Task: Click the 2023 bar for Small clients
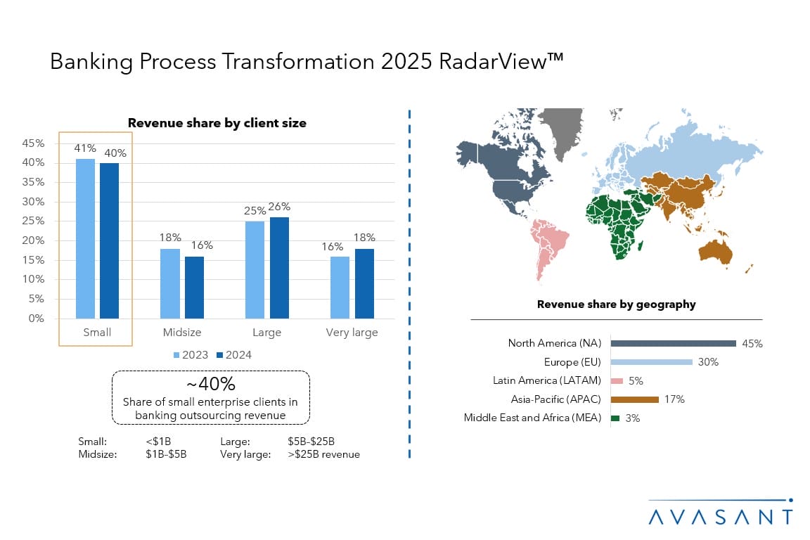85,238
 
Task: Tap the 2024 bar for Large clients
279,268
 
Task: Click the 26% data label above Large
279,207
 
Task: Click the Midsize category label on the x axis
182,333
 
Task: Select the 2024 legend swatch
218,355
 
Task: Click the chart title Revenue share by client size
217,123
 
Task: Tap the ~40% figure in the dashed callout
210,385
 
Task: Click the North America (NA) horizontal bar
673,343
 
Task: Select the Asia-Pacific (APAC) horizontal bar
634,399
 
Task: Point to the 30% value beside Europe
708,362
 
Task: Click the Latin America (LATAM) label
547,381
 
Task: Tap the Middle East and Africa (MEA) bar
615,418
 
